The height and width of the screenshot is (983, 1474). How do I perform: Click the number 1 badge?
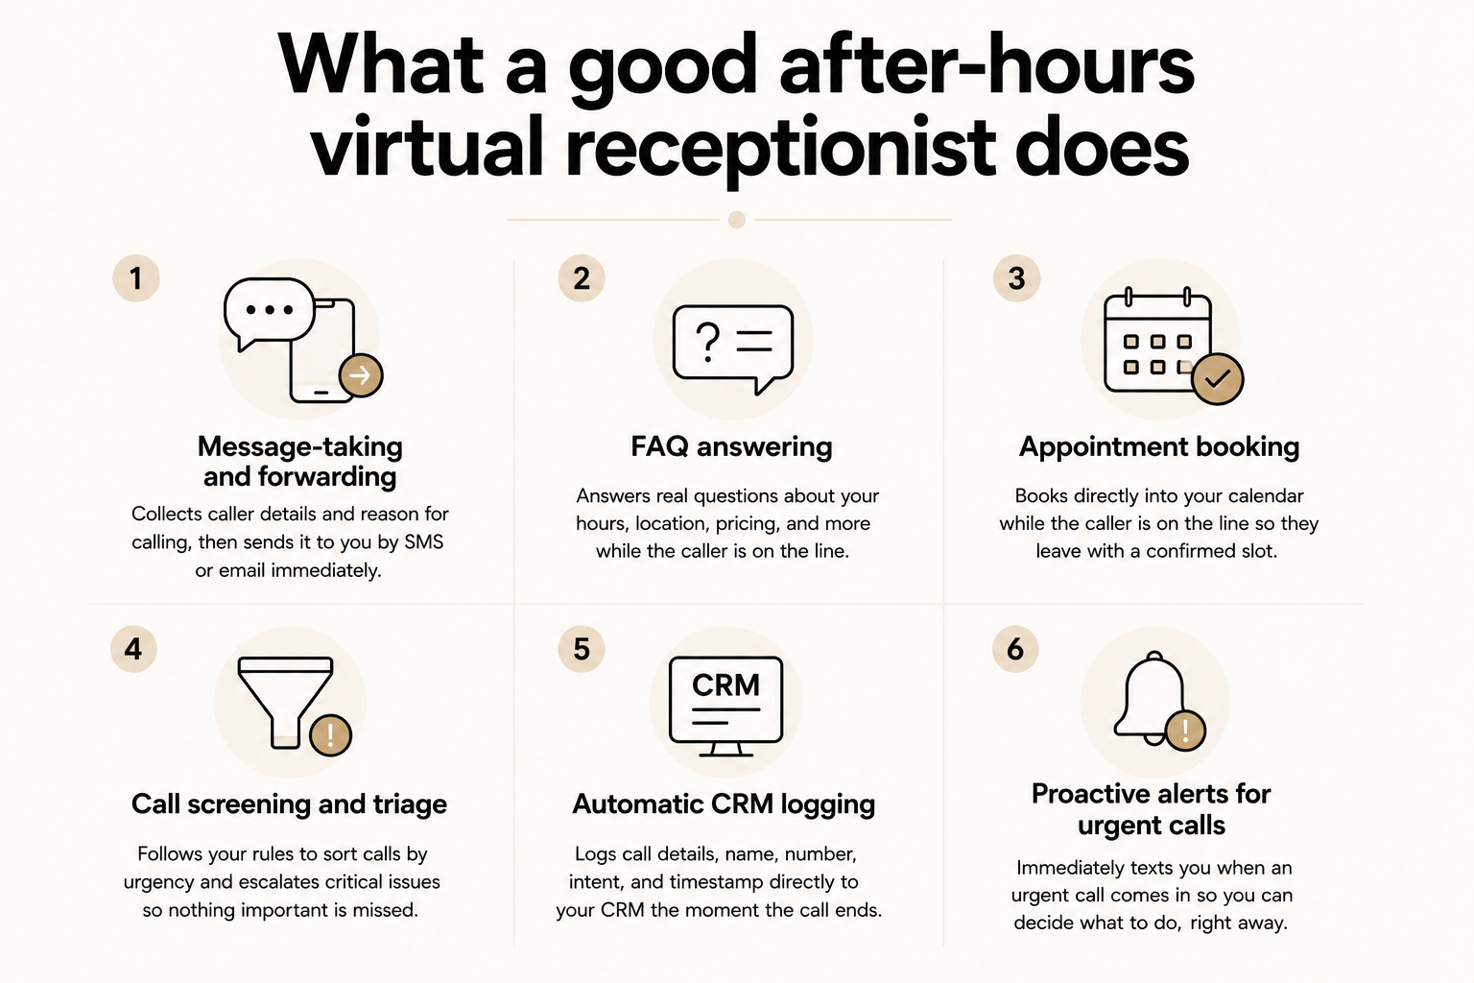(136, 278)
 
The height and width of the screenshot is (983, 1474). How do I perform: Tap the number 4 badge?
(133, 649)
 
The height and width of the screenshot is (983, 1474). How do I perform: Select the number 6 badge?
(1015, 649)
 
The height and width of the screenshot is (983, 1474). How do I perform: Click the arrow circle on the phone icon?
(361, 375)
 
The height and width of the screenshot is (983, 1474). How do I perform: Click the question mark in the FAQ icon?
(707, 341)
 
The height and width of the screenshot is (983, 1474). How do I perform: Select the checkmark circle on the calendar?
(1218, 378)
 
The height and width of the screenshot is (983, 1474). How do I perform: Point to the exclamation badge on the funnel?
(330, 734)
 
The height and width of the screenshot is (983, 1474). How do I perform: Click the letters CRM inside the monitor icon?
(725, 685)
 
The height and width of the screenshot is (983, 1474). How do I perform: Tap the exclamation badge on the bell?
(1185, 731)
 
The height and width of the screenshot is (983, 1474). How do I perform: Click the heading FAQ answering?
(732, 447)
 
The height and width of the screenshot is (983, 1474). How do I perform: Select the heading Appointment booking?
(1159, 447)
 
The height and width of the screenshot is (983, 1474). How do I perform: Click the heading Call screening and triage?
(290, 804)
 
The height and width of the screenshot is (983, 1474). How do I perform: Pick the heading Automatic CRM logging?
(724, 804)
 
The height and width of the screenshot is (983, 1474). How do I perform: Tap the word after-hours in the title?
(987, 67)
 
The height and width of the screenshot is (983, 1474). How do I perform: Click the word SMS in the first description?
(424, 542)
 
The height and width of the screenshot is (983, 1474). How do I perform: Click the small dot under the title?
(737, 219)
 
